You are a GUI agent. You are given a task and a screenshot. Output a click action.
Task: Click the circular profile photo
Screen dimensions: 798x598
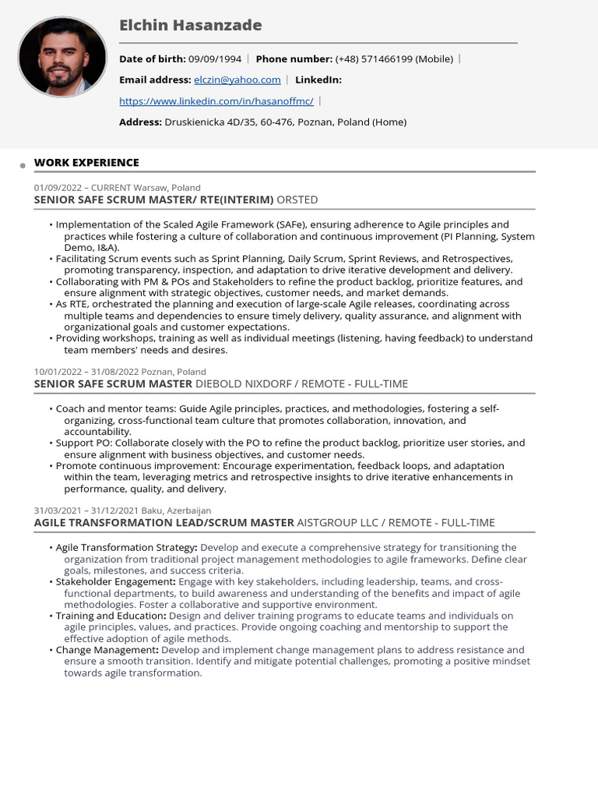[62, 57]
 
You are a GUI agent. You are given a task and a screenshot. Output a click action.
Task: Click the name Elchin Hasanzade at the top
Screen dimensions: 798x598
[190, 26]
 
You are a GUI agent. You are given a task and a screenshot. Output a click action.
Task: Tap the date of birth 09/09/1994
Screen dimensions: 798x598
[215, 58]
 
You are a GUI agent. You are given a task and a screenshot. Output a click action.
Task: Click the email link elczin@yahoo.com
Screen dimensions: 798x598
[237, 79]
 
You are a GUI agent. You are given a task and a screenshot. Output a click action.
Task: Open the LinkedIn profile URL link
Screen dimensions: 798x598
[216, 101]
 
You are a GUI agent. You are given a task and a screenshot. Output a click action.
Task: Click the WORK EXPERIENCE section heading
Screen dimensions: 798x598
[86, 162]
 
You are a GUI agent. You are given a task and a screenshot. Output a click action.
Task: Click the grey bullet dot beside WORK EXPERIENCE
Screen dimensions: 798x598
[23, 165]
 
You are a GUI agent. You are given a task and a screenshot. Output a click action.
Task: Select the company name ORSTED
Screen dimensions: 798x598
[297, 199]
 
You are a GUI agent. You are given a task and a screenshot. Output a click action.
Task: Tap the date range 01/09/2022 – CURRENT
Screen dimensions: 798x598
[82, 188]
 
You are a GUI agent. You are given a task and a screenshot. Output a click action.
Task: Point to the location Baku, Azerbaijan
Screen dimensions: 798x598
[176, 510]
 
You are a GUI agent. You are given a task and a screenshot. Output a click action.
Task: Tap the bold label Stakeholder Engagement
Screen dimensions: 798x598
[115, 581]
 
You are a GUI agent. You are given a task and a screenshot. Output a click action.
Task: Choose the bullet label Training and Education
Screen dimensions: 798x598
[110, 616]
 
